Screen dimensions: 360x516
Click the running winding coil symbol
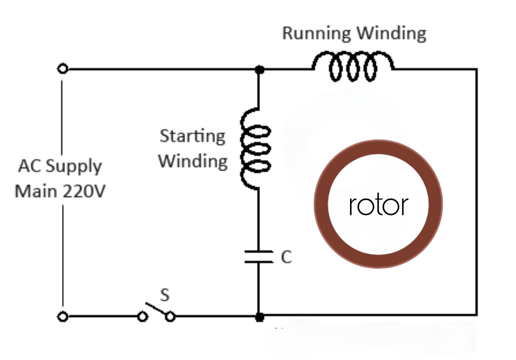353,67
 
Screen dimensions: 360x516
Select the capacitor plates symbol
258,256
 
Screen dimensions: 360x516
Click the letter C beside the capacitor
285,257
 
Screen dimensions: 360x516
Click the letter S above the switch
164,295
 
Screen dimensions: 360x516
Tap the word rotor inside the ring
378,205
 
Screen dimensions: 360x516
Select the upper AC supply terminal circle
62,69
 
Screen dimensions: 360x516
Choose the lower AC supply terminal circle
62,316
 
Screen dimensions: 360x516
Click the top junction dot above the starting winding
259,69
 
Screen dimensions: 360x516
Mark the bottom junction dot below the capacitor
259,317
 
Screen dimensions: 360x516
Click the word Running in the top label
316,33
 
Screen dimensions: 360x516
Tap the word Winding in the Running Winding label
391,33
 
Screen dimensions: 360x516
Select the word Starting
192,136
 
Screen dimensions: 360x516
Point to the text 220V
84,191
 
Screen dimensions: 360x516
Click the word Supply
74,166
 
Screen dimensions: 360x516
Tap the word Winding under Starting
192,161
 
